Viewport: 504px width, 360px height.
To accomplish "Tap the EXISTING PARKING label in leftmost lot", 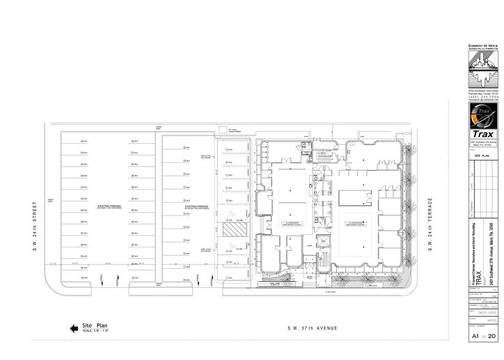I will (108, 207).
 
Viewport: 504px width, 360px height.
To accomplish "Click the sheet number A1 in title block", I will (473, 336).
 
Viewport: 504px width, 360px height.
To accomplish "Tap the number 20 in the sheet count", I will (492, 336).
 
